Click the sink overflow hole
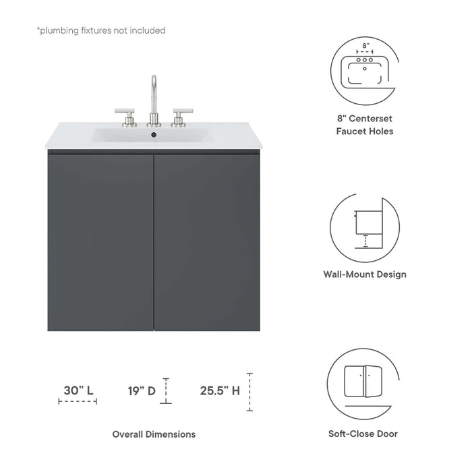click(154, 136)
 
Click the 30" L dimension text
click(78, 390)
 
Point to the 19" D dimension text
click(142, 390)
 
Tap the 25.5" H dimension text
click(220, 390)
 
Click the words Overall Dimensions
click(154, 434)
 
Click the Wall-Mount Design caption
click(365, 274)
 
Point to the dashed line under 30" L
click(78, 402)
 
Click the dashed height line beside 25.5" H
click(249, 392)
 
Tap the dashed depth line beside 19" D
click(166, 392)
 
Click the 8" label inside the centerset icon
click(365, 46)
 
